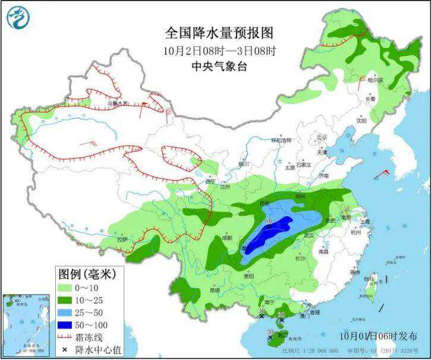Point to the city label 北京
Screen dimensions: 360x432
click(x=322, y=138)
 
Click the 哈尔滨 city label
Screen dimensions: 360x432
click(x=375, y=80)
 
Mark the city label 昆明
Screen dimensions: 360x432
click(x=215, y=290)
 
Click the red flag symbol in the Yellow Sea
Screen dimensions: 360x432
click(x=386, y=172)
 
